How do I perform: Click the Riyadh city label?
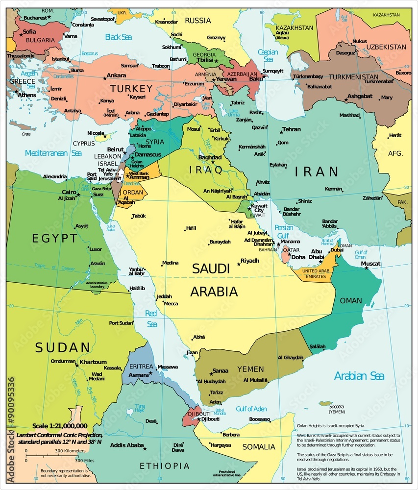250,261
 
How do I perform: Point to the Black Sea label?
119,37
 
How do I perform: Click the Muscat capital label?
370,264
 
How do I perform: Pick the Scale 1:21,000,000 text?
60,426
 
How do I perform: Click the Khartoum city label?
93,362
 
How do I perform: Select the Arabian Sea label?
359,376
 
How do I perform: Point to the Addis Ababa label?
127,445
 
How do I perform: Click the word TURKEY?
131,89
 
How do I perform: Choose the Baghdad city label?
210,157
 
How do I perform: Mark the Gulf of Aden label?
251,409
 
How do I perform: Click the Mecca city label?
171,303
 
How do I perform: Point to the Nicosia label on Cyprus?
96,133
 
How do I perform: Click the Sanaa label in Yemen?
220,371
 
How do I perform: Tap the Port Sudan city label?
121,323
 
